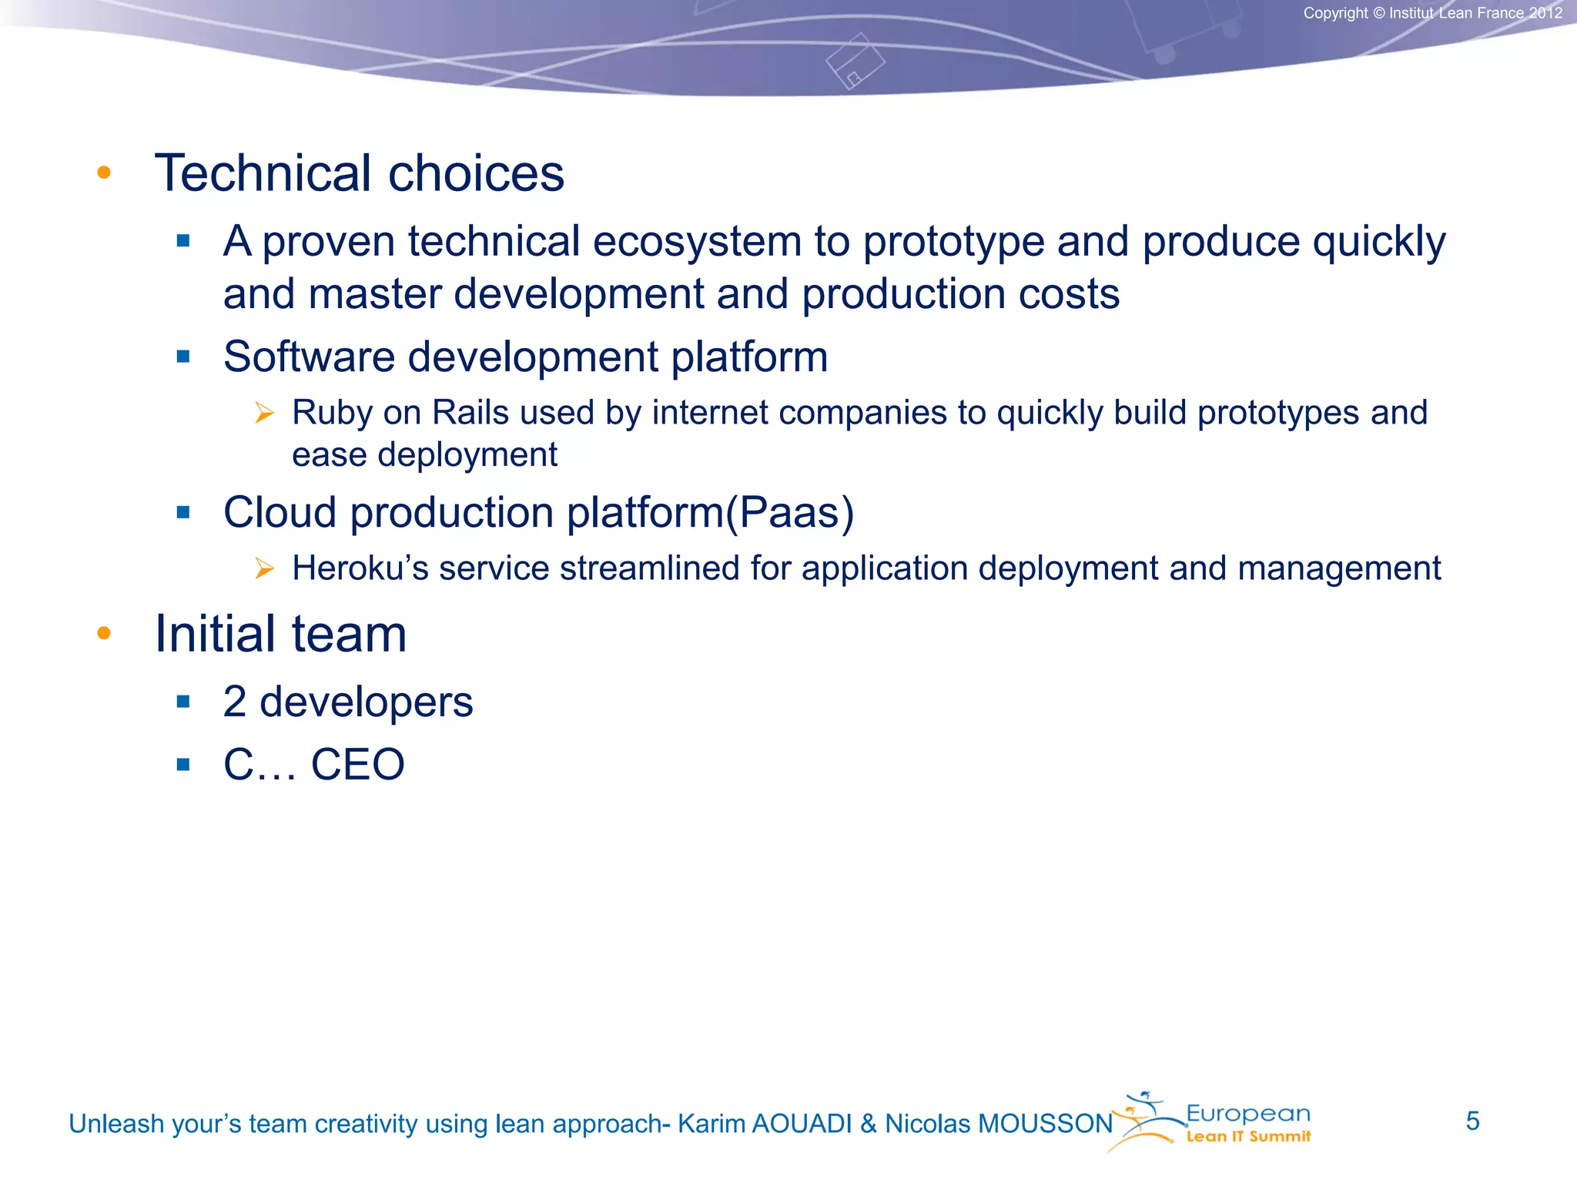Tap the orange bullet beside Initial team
tap(104, 634)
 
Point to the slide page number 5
tap(1472, 1121)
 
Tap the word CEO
tap(357, 765)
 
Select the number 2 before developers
tap(235, 702)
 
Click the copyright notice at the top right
tap(1432, 13)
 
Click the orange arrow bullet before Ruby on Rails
tap(264, 414)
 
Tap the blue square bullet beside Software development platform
tap(183, 357)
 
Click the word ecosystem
tap(697, 242)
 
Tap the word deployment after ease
tap(467, 455)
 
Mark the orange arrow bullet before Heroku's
tap(264, 569)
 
